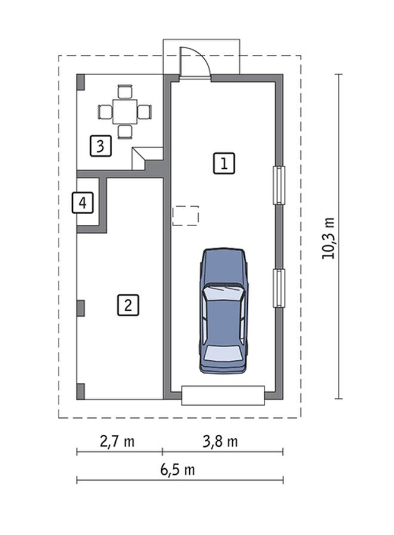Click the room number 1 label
[x=224, y=163]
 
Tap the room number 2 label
[x=128, y=305]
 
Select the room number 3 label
[x=101, y=146]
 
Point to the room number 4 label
[x=82, y=203]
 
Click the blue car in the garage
[x=224, y=311]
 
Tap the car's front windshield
[x=224, y=293]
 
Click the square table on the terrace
[x=125, y=112]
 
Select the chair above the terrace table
[x=125, y=91]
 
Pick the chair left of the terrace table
[x=105, y=112]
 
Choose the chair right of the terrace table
[x=144, y=112]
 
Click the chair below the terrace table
[x=125, y=131]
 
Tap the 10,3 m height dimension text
[x=328, y=238]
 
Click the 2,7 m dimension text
[x=117, y=441]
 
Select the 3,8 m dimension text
[x=220, y=441]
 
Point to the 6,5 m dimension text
[x=177, y=470]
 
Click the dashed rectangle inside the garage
[x=186, y=216]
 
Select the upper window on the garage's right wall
[x=279, y=185]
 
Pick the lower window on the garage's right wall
[x=279, y=288]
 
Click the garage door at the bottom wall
[x=223, y=395]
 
